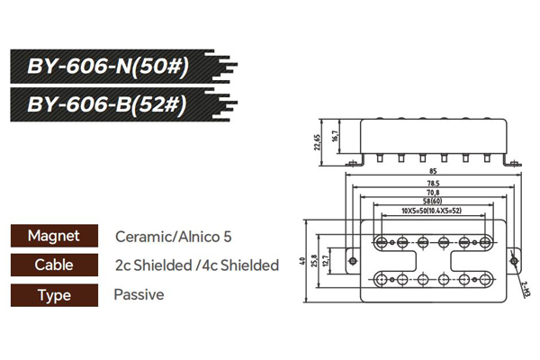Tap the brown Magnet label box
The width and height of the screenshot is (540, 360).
pos(54,237)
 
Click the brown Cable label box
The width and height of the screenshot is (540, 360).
pos(54,265)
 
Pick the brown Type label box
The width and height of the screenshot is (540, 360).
pos(54,294)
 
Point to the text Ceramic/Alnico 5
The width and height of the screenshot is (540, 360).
pos(174,237)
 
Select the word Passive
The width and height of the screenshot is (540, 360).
pos(139,294)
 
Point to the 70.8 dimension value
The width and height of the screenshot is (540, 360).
pos(433,193)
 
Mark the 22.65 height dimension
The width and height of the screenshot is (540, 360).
pos(318,143)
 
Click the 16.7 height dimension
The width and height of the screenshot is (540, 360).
pos(335,137)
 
